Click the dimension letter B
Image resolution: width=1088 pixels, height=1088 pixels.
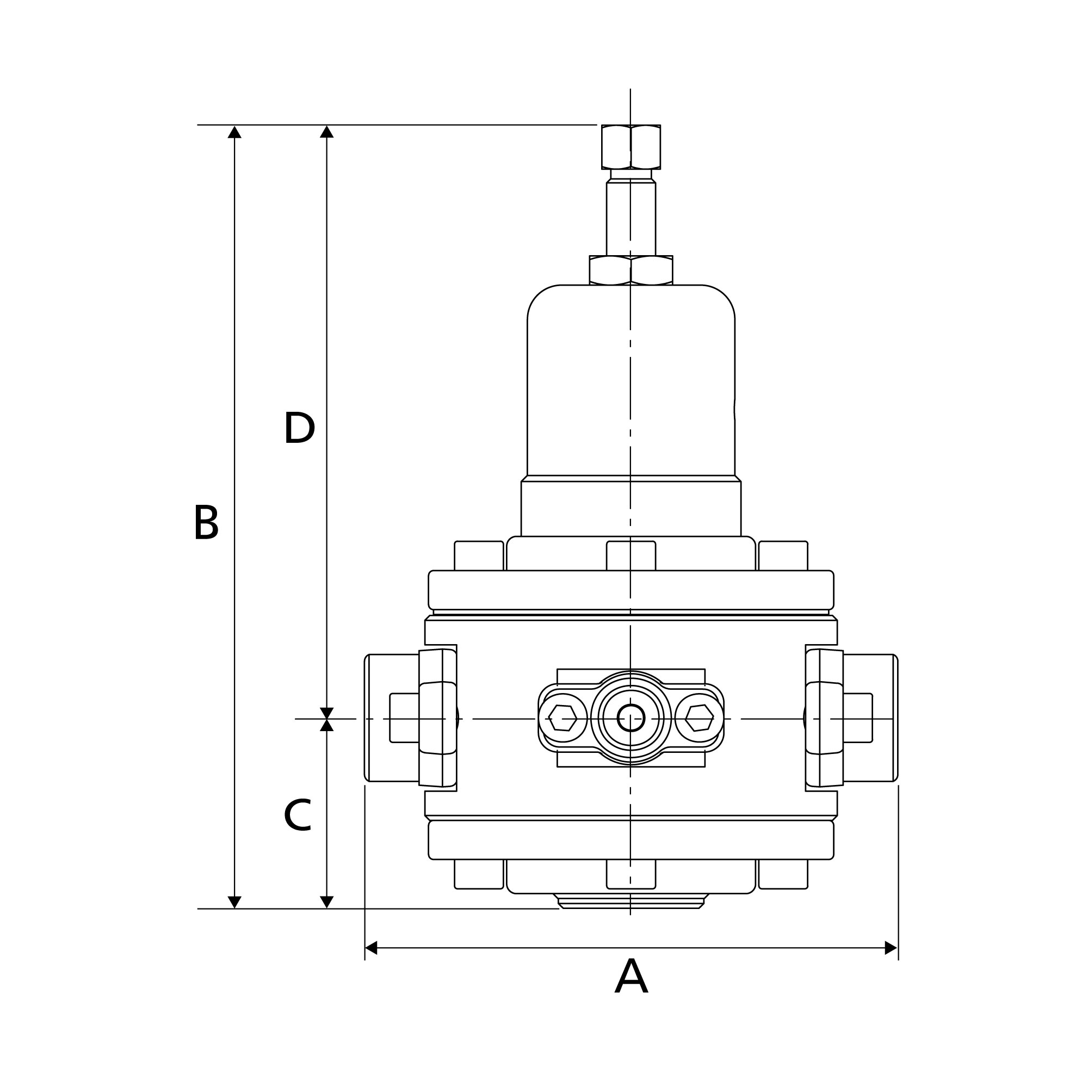(206, 522)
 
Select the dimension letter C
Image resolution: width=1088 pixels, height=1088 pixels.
(298, 815)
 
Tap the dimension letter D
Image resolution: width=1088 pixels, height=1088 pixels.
(299, 428)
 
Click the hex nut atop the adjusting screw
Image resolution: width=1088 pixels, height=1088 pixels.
(630, 147)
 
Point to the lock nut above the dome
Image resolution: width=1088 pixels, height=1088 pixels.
(630, 270)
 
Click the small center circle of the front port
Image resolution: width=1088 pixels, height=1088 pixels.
(630, 718)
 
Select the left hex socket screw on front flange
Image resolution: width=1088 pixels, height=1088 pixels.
(562, 718)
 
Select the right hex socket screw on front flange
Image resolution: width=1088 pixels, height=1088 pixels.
(700, 718)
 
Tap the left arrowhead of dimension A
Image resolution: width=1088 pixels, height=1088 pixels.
(371, 948)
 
